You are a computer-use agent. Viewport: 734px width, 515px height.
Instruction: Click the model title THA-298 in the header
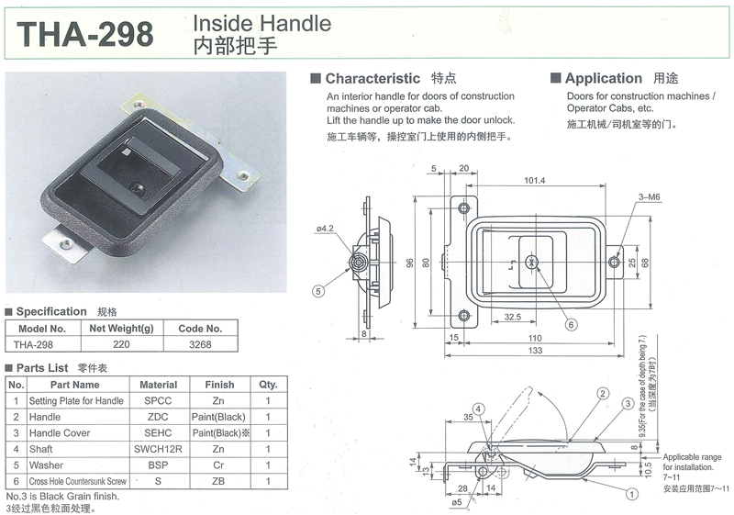[x=85, y=34]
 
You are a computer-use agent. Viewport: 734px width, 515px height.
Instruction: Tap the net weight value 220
[x=121, y=344]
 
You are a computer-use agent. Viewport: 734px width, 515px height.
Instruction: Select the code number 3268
[x=200, y=344]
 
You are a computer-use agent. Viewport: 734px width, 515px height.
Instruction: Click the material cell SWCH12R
[x=158, y=449]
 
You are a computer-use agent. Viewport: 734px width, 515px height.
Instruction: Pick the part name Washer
[x=46, y=465]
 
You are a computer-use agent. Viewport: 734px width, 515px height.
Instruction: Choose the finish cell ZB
[x=218, y=481]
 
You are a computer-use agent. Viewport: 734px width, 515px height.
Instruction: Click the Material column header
[x=158, y=385]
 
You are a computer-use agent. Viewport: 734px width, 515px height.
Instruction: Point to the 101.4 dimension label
[x=535, y=180]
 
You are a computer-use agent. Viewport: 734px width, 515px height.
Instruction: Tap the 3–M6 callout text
[x=650, y=197]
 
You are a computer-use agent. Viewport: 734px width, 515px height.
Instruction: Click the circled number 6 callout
[x=571, y=324]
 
